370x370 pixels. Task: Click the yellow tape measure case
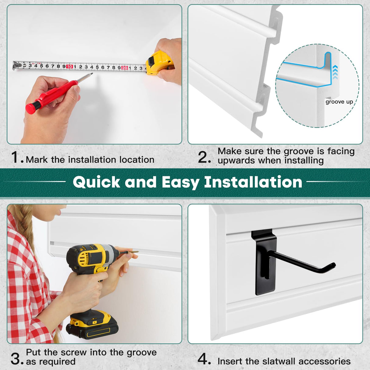click(158, 62)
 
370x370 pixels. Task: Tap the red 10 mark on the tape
click(69, 66)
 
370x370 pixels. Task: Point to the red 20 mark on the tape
click(124, 68)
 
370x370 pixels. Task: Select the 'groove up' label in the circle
click(339, 102)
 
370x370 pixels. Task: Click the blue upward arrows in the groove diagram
click(335, 73)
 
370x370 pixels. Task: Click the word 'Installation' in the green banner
click(253, 182)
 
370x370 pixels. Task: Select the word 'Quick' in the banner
click(96, 182)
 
